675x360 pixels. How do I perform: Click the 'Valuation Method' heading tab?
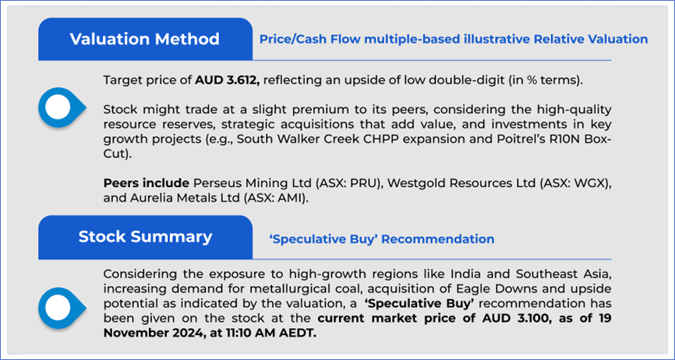pos(145,39)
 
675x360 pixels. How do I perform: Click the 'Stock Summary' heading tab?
pos(145,238)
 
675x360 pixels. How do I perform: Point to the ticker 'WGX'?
pos(592,183)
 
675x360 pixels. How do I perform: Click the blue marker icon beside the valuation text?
pos(62,107)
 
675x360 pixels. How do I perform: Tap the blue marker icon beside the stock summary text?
pos(62,308)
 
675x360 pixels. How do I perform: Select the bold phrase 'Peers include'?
pos(147,183)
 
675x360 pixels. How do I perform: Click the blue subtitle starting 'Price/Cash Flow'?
pos(454,40)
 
